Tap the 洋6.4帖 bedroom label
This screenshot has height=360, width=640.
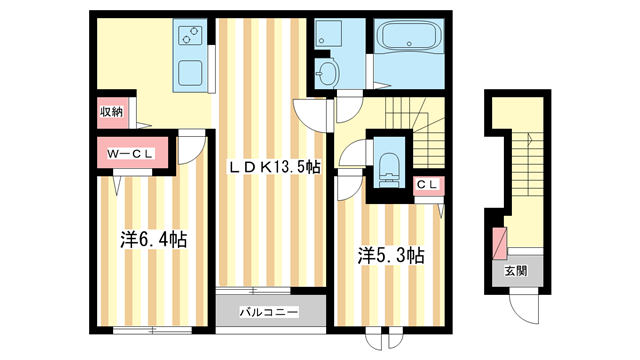pyautogui.click(x=150, y=239)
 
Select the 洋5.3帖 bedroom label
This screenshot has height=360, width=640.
pyautogui.click(x=391, y=256)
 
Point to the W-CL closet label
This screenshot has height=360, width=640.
pyautogui.click(x=131, y=155)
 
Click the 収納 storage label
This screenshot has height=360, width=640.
pyautogui.click(x=110, y=112)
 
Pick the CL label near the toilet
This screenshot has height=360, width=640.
pyautogui.click(x=427, y=184)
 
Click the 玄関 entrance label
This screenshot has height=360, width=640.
pyautogui.click(x=514, y=271)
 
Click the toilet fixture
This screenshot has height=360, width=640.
pyautogui.click(x=388, y=168)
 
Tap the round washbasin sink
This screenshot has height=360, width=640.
pyautogui.click(x=325, y=71)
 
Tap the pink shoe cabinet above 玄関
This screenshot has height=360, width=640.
pyautogui.click(x=499, y=241)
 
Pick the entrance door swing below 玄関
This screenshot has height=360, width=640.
pyautogui.click(x=524, y=307)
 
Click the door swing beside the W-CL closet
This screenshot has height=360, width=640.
pyautogui.click(x=186, y=149)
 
